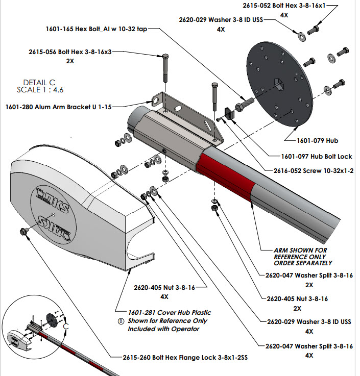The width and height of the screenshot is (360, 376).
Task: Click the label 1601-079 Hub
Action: (x=318, y=139)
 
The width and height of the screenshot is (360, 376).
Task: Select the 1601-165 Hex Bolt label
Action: (x=97, y=30)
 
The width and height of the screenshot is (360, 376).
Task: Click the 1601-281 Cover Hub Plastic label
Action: (x=169, y=312)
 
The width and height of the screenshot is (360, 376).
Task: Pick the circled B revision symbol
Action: (x=121, y=321)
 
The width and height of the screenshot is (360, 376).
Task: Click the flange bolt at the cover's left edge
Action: (x=23, y=232)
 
